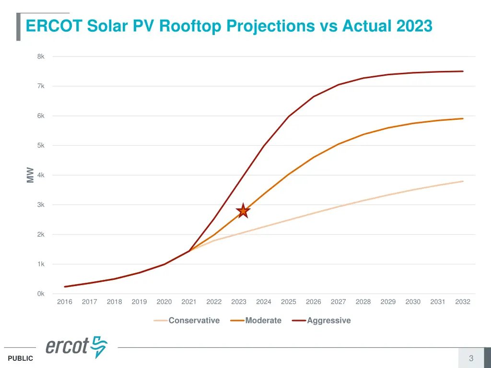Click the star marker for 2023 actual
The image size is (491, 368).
click(243, 210)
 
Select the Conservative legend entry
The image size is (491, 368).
click(193, 321)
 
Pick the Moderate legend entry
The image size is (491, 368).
click(263, 321)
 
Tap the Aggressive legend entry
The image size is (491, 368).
click(328, 321)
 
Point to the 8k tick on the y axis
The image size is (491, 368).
click(41, 57)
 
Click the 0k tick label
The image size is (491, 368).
click(41, 294)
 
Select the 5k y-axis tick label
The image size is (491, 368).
click(41, 145)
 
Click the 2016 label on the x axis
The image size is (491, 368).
click(65, 302)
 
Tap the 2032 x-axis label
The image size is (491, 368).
click(463, 302)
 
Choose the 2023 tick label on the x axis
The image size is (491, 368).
click(239, 302)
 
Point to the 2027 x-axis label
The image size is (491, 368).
click(338, 302)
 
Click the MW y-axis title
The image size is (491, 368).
click(30, 175)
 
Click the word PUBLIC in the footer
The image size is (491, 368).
click(21, 358)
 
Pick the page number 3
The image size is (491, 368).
click(471, 358)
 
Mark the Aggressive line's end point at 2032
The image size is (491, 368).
click(463, 71)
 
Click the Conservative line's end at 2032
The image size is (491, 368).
click(463, 181)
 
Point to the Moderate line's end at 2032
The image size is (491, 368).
click(463, 118)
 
